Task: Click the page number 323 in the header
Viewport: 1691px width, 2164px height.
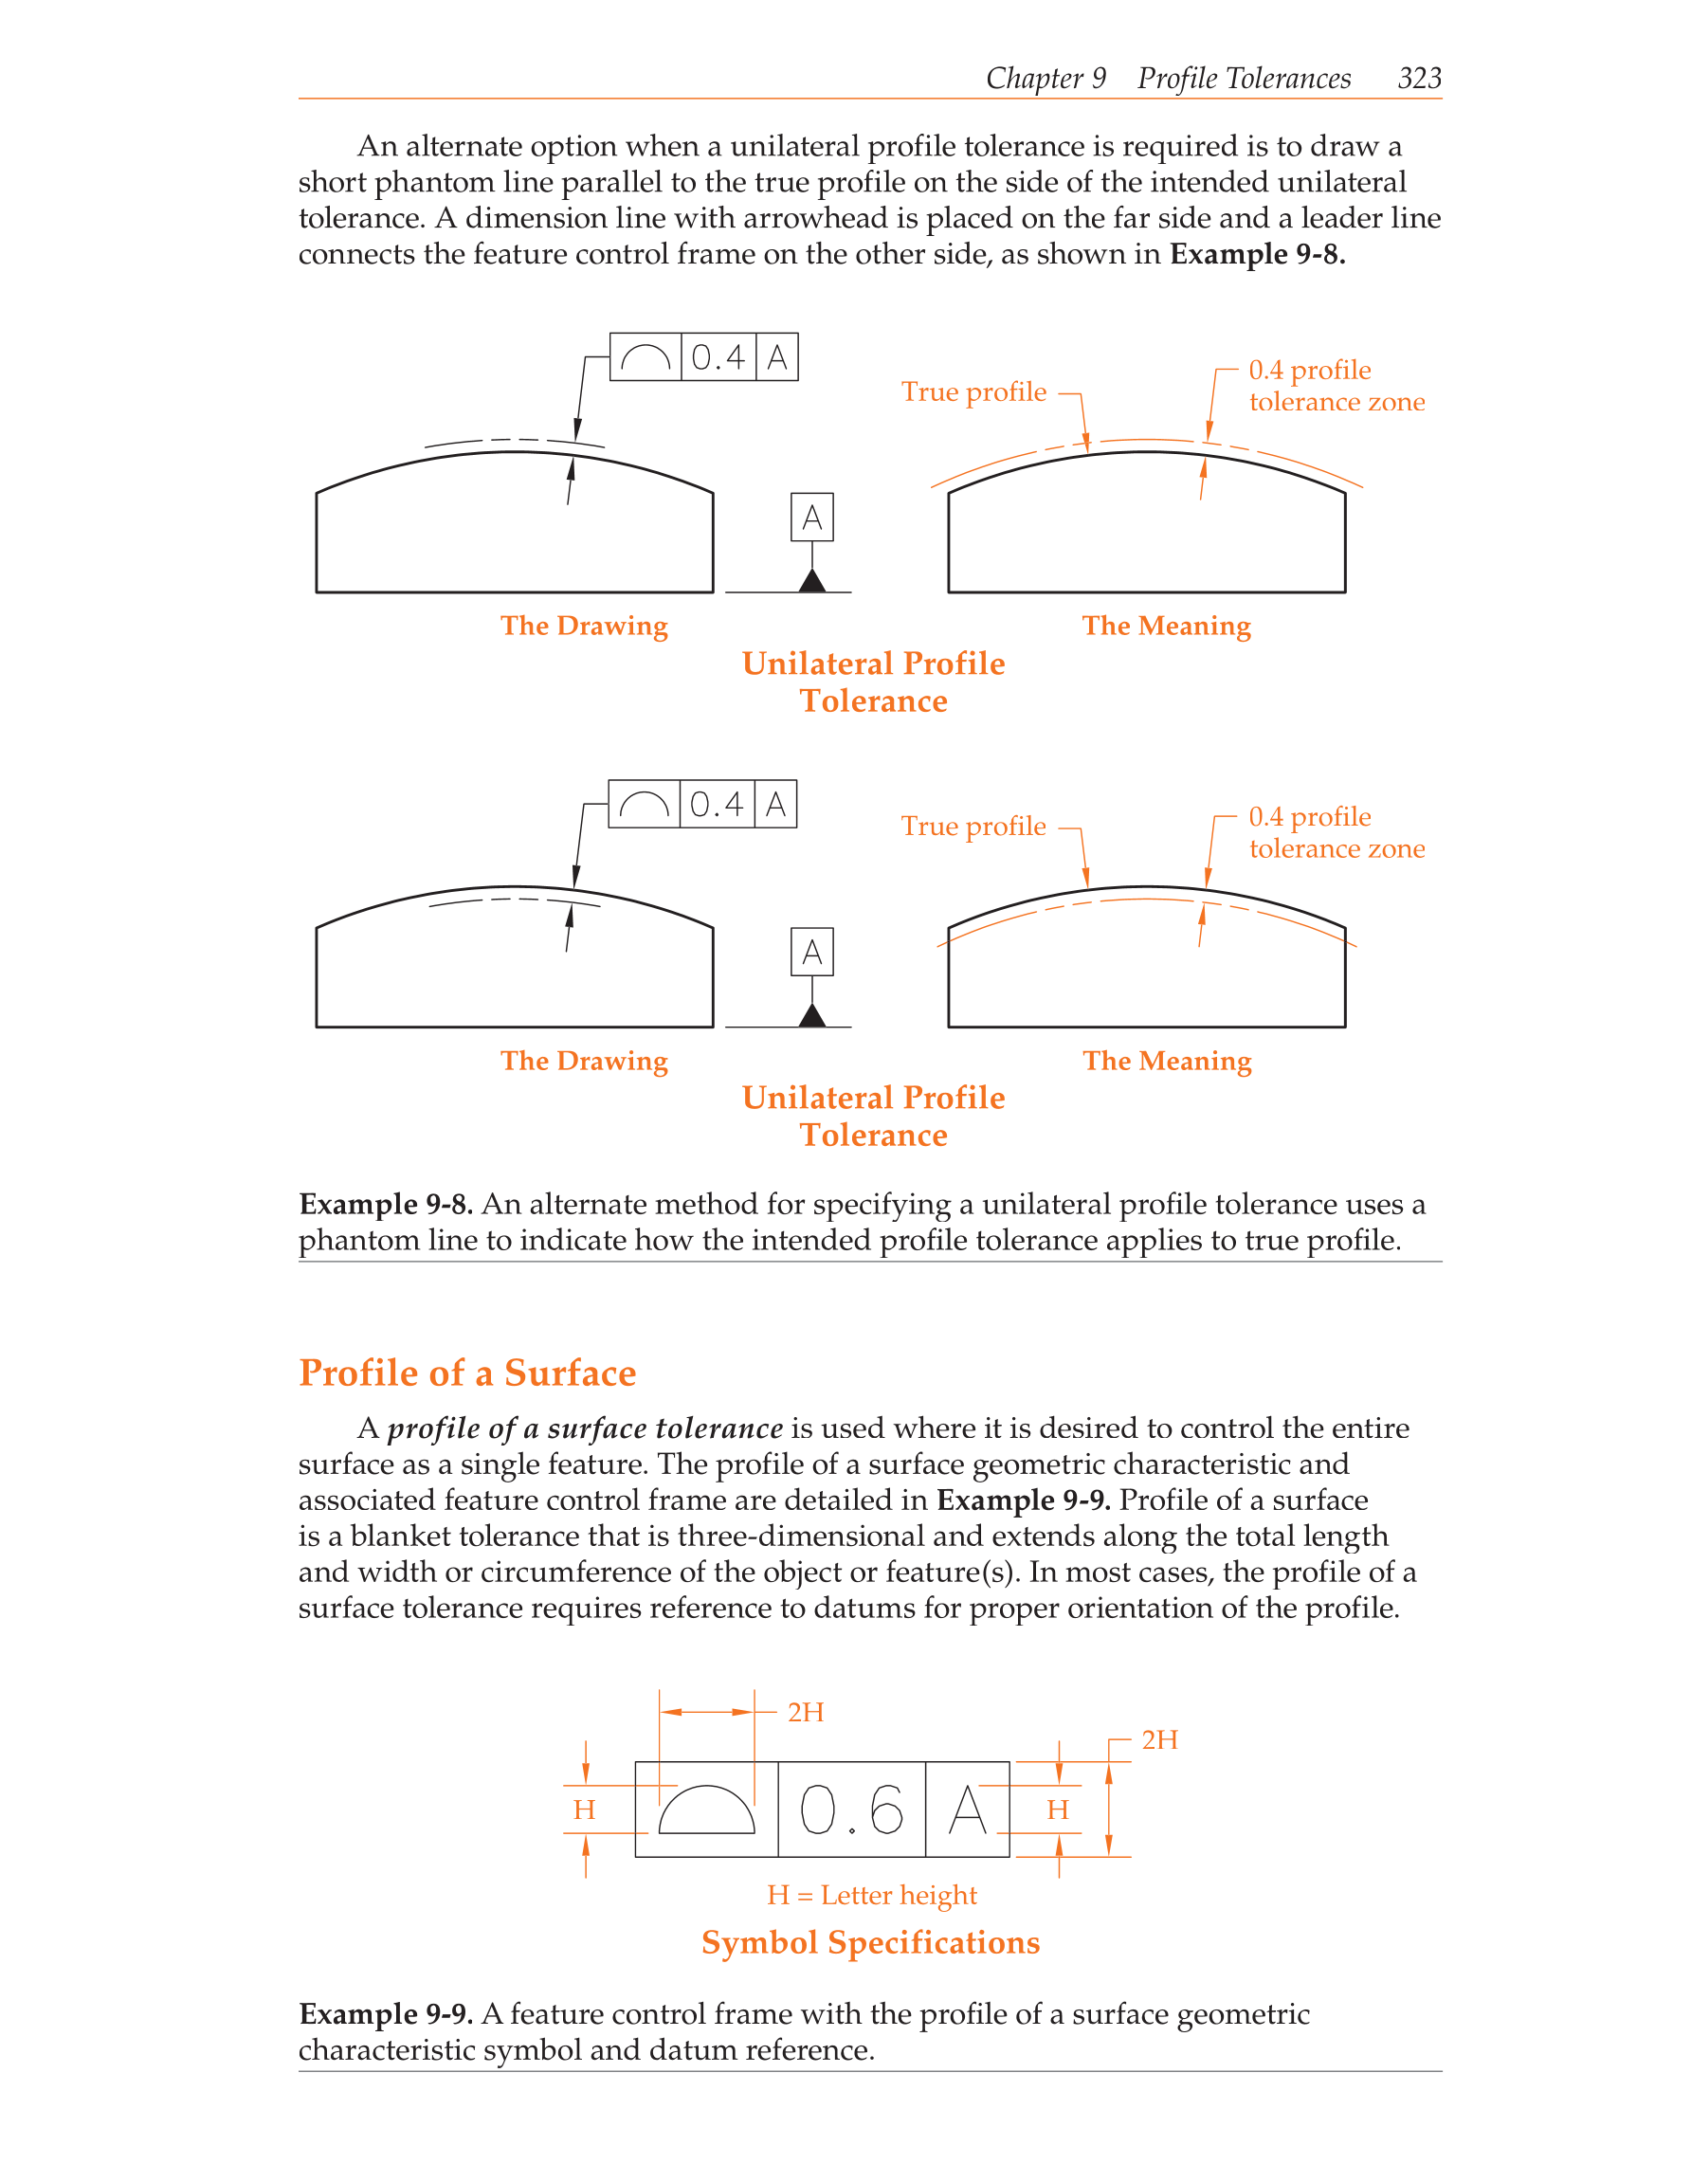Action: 1419,79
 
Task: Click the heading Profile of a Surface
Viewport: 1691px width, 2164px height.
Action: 466,1373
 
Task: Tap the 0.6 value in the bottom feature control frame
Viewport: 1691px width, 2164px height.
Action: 851,1809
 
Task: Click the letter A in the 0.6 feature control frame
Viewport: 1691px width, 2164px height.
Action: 967,1809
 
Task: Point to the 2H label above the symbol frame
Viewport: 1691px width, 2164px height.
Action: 806,1712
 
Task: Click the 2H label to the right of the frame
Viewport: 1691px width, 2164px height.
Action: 1159,1740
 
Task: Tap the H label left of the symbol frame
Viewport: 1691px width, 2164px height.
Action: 585,1810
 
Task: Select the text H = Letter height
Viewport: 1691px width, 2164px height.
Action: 872,1896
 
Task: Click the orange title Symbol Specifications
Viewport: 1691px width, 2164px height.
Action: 871,1942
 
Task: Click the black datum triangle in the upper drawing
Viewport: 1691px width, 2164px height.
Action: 812,581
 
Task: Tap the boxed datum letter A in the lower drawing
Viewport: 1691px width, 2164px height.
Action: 812,953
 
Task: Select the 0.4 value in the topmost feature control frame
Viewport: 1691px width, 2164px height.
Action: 718,356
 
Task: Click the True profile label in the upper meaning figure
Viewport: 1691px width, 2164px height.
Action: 973,392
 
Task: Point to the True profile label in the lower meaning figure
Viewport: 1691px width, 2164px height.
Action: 973,827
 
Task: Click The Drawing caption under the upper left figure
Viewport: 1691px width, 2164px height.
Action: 584,627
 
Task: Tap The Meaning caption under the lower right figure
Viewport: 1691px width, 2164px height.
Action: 1167,1062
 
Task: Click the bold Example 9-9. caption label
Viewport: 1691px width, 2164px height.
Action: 386,2014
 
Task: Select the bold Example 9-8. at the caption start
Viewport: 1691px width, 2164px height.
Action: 386,1204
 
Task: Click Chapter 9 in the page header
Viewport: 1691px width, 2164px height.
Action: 1046,79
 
